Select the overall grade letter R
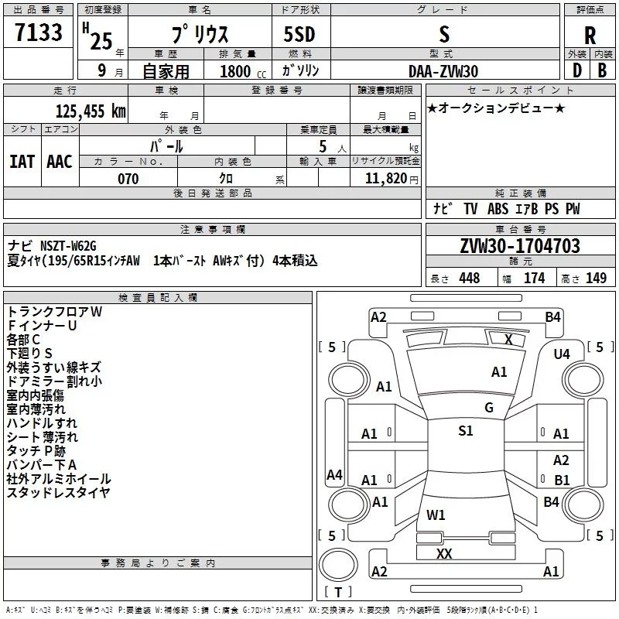(x=590, y=36)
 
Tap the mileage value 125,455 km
(x=91, y=111)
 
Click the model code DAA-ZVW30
(x=443, y=71)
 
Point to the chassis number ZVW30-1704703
(x=519, y=247)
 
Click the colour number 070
(x=128, y=179)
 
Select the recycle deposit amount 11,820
(x=385, y=179)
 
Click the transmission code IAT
(x=22, y=162)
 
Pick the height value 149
(x=596, y=279)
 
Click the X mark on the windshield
(x=508, y=339)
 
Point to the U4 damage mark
(x=562, y=354)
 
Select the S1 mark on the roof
(x=465, y=431)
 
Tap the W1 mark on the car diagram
(x=436, y=515)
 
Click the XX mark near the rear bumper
(x=444, y=553)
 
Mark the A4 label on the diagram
(x=334, y=474)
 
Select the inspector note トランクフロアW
(x=54, y=311)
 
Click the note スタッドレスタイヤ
(x=58, y=493)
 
